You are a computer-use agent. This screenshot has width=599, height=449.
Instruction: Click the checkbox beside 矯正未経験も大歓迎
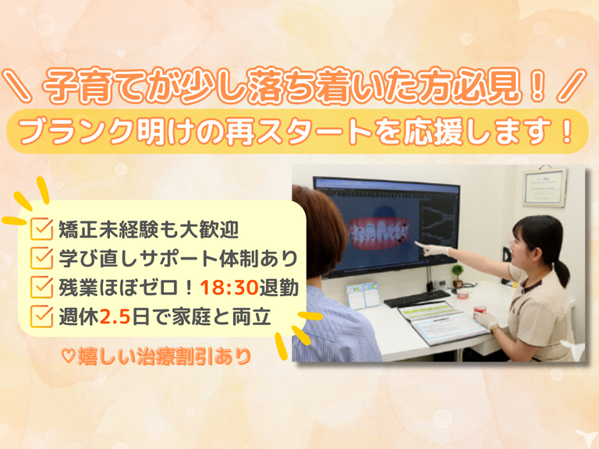41,228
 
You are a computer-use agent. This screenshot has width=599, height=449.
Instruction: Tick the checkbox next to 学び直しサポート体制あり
41,258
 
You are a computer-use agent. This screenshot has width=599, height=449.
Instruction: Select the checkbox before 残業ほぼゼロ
41,287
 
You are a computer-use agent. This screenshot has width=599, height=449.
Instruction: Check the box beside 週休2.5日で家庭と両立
41,316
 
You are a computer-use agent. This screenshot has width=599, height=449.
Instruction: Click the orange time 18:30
229,288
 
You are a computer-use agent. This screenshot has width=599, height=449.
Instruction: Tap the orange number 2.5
115,317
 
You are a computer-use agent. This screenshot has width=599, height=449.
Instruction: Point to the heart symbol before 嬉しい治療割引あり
69,356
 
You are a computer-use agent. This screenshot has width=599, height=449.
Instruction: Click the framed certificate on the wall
544,187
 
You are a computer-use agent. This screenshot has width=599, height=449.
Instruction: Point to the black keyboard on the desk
416,299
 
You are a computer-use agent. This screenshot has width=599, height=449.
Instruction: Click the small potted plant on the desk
457,275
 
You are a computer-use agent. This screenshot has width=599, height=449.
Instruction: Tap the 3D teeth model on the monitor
379,234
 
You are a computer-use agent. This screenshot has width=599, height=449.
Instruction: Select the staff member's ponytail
562,271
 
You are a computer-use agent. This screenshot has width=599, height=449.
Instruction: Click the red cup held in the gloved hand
479,309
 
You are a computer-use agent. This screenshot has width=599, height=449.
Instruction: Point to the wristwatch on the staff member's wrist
494,328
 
